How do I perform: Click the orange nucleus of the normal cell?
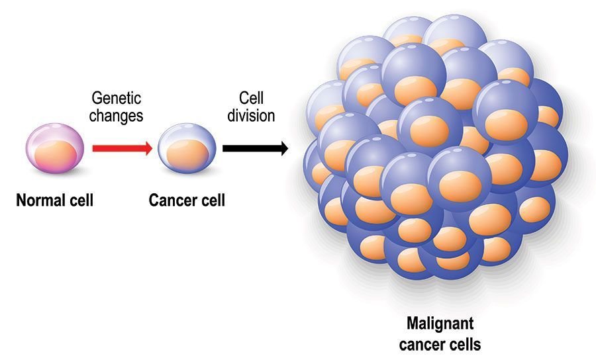[54, 157]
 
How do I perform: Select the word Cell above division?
[252, 99]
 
